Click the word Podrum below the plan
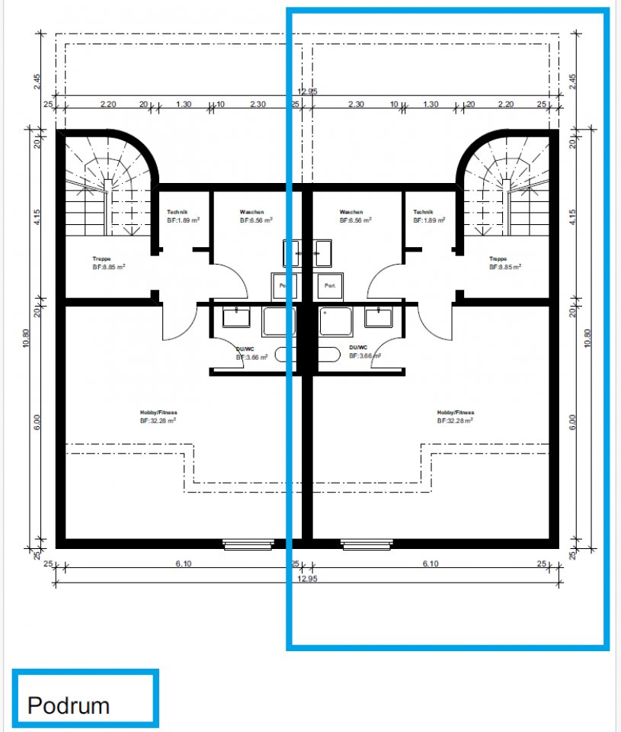(x=69, y=705)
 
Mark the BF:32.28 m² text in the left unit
(x=158, y=421)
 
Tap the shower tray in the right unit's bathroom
(x=336, y=321)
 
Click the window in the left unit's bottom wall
(x=248, y=544)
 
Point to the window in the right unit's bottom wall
(x=366, y=544)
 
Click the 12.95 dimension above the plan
(x=308, y=91)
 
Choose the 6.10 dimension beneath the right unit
(x=431, y=564)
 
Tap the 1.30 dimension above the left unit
(x=184, y=104)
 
